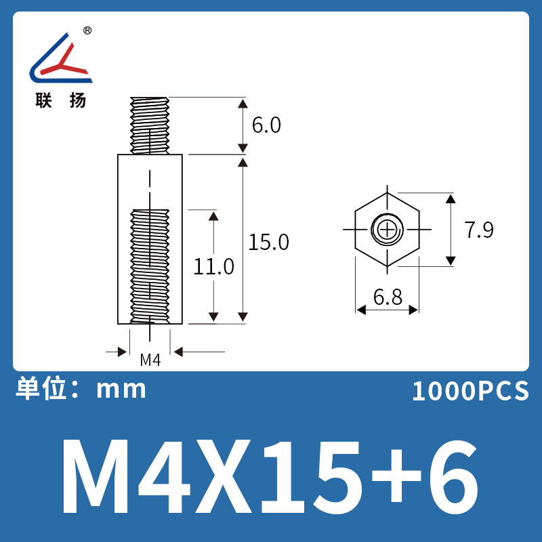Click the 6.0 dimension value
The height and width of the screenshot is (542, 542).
[x=266, y=126]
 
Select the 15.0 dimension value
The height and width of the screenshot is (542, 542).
[x=268, y=242]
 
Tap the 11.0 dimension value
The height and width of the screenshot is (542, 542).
[x=214, y=266]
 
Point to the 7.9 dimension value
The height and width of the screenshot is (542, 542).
[x=479, y=230]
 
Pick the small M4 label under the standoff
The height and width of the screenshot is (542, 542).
[x=150, y=360]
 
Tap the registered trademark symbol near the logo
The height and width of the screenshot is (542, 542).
[x=87, y=31]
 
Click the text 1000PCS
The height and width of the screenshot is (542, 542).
[x=470, y=392]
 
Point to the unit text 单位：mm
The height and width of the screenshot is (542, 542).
[x=81, y=389]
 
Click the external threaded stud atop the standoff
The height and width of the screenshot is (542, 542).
[x=150, y=125]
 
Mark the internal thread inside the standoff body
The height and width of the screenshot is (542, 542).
[x=150, y=264]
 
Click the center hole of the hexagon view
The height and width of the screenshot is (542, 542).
[x=387, y=230]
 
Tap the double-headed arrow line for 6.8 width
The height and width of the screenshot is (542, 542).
[x=387, y=310]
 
